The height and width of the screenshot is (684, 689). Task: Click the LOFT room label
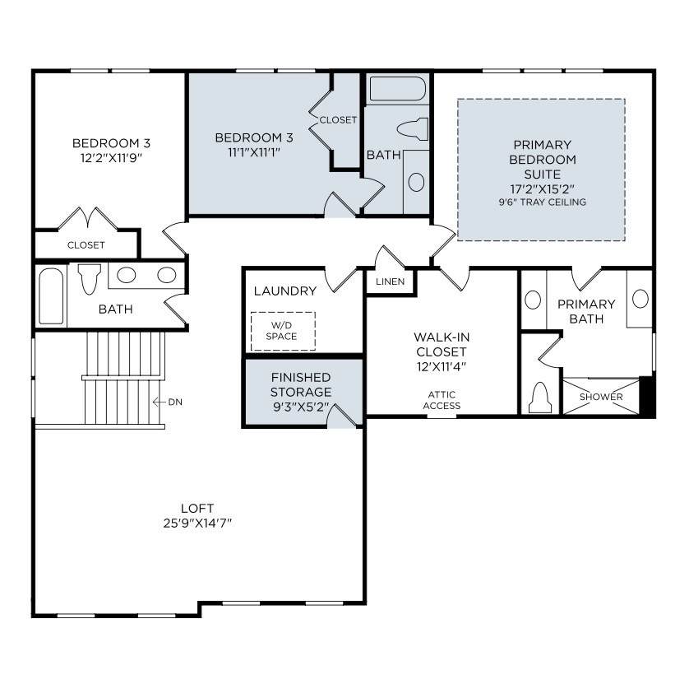pos(197,508)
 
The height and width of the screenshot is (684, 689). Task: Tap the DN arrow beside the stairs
pos(159,402)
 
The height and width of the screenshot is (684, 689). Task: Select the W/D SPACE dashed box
pos(283,331)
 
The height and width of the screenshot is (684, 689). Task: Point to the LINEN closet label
pos(391,282)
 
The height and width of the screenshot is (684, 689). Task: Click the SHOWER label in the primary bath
pos(601,396)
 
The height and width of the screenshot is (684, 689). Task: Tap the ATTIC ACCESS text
pos(442,400)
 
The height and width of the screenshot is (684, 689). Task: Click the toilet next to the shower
pos(540,398)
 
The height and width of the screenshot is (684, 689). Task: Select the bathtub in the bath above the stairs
pos(51,296)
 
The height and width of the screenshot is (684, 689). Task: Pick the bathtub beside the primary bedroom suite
pos(398,89)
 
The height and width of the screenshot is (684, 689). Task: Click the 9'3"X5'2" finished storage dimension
pos(301,407)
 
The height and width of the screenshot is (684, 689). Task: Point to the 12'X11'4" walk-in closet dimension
pos(442,366)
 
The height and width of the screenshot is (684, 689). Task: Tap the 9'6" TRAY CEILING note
pos(542,202)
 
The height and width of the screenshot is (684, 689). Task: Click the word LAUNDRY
pos(285,291)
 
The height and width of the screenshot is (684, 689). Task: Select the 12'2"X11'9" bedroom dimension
pos(111,157)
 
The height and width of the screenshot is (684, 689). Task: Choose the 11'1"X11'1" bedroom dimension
pos(254,152)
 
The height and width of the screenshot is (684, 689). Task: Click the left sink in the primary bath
pos(533,300)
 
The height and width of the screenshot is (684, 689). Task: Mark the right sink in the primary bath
pos(640,299)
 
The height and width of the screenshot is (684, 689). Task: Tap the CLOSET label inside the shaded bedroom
pos(338,119)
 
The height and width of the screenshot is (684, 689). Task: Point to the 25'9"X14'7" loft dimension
pos(197,523)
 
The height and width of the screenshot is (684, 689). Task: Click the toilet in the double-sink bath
pos(89,278)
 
